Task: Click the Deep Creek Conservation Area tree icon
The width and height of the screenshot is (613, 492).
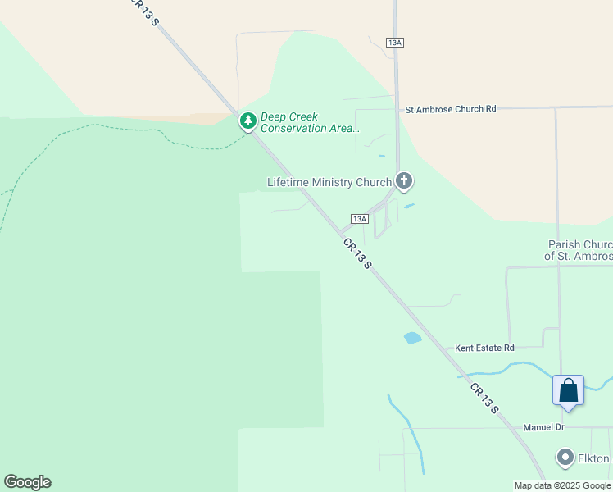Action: pyautogui.click(x=247, y=122)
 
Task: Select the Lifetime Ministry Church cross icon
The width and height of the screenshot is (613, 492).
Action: pyautogui.click(x=403, y=181)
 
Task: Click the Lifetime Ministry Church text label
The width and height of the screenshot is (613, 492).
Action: pyautogui.click(x=329, y=182)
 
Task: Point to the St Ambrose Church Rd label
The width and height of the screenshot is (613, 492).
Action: pyautogui.click(x=451, y=108)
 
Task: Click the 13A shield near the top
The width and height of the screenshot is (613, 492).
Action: pyautogui.click(x=396, y=43)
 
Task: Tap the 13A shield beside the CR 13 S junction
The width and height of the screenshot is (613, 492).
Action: pyautogui.click(x=359, y=219)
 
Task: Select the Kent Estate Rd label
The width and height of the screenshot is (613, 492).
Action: pyautogui.click(x=484, y=348)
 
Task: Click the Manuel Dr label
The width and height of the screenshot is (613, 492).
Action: pyautogui.click(x=544, y=427)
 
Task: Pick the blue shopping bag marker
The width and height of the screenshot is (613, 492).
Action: pyautogui.click(x=568, y=391)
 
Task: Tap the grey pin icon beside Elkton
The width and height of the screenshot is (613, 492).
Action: pyautogui.click(x=565, y=458)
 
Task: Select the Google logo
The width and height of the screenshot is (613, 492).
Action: pyautogui.click(x=27, y=482)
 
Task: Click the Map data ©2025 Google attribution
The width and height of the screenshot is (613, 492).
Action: pyautogui.click(x=562, y=485)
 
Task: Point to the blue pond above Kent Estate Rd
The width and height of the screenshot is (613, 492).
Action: pyautogui.click(x=412, y=337)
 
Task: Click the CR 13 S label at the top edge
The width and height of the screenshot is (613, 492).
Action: pyautogui.click(x=146, y=12)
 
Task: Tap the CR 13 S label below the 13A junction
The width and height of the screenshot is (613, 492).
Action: pyautogui.click(x=358, y=254)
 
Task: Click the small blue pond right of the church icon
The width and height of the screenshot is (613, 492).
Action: pyautogui.click(x=409, y=206)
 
